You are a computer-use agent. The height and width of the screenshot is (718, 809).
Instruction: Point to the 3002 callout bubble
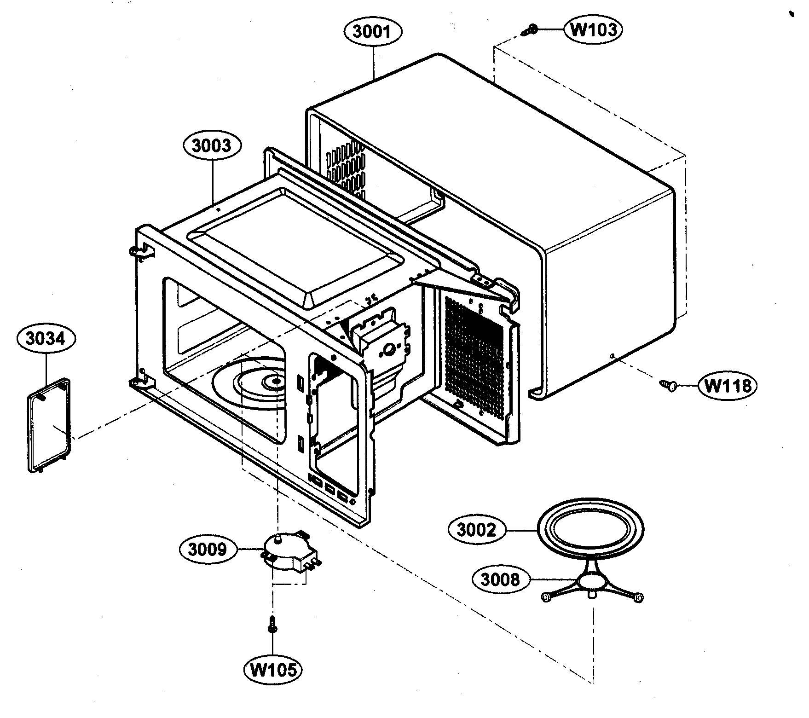coord(477,530)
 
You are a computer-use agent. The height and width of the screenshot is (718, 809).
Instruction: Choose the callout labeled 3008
coord(500,579)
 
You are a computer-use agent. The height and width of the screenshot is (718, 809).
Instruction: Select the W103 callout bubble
coord(593,29)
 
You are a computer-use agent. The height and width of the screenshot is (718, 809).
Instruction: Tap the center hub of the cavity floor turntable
coord(274,381)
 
